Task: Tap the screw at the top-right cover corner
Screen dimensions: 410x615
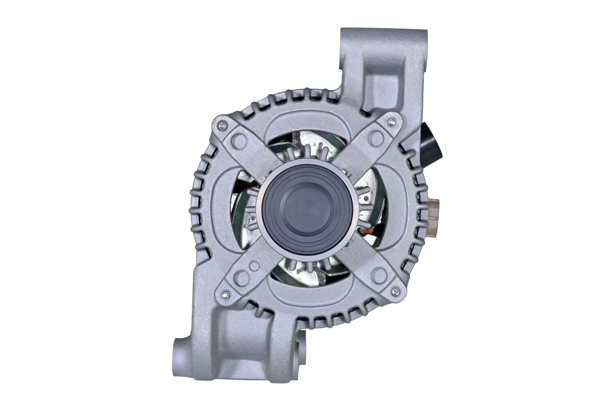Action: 392,121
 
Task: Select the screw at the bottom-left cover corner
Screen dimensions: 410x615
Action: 224,294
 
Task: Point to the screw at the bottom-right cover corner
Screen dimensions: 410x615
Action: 395,292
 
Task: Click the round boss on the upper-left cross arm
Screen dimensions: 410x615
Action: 238,141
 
